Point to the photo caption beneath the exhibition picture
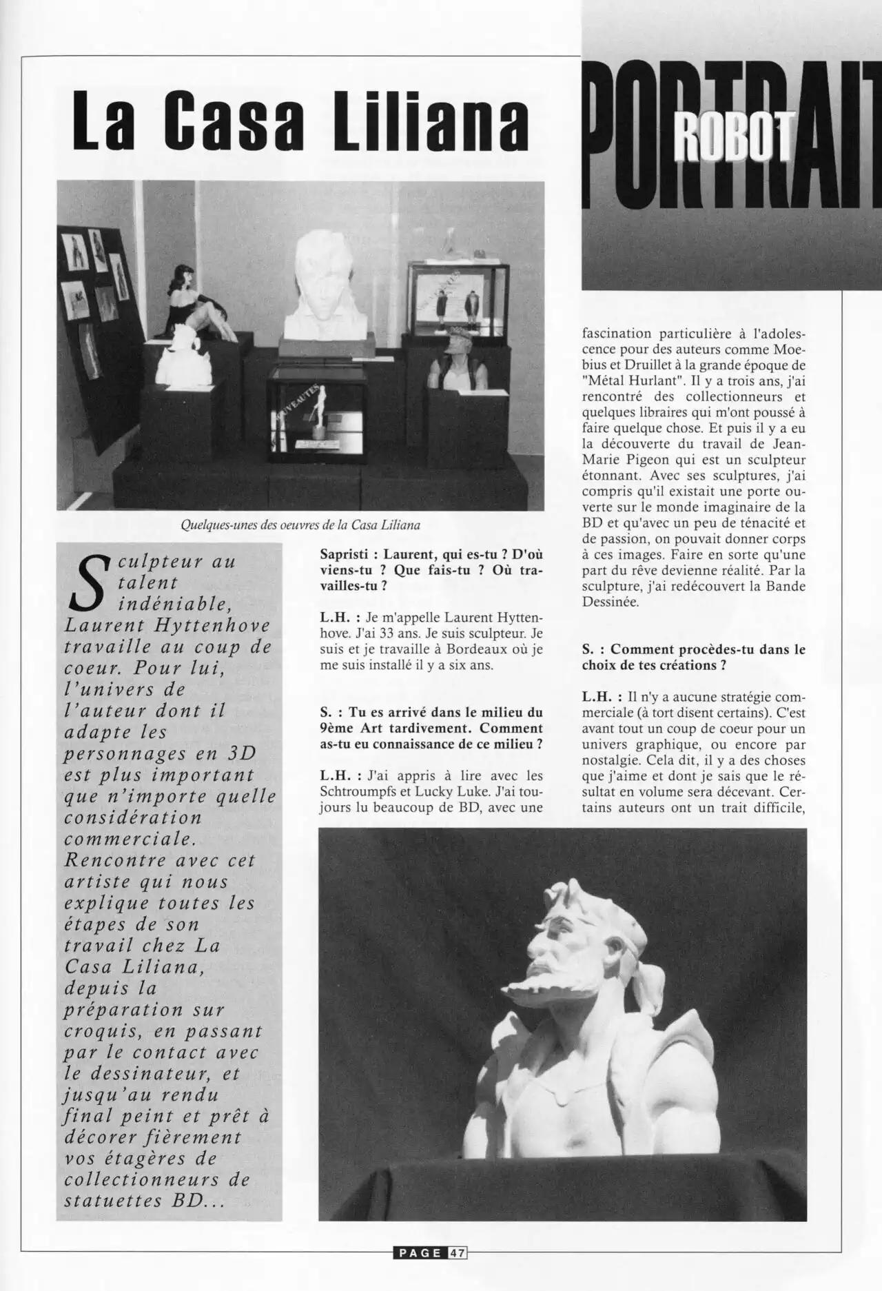pyautogui.click(x=300, y=525)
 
